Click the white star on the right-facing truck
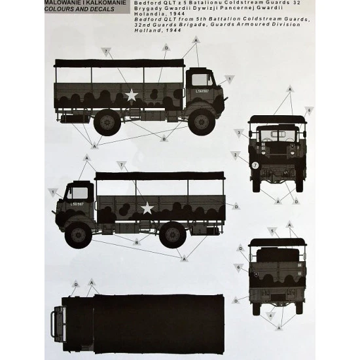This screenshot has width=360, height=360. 132,96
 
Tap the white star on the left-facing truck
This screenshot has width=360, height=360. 148,208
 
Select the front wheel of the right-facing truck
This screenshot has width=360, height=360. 202,122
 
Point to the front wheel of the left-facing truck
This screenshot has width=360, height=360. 78,234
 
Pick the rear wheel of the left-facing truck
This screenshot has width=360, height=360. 171,234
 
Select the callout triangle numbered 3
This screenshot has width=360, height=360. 240,133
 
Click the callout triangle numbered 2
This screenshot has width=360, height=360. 235,154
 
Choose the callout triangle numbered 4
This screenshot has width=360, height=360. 270,315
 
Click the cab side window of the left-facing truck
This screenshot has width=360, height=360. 80,194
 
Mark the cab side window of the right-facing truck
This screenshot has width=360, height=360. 200,81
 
